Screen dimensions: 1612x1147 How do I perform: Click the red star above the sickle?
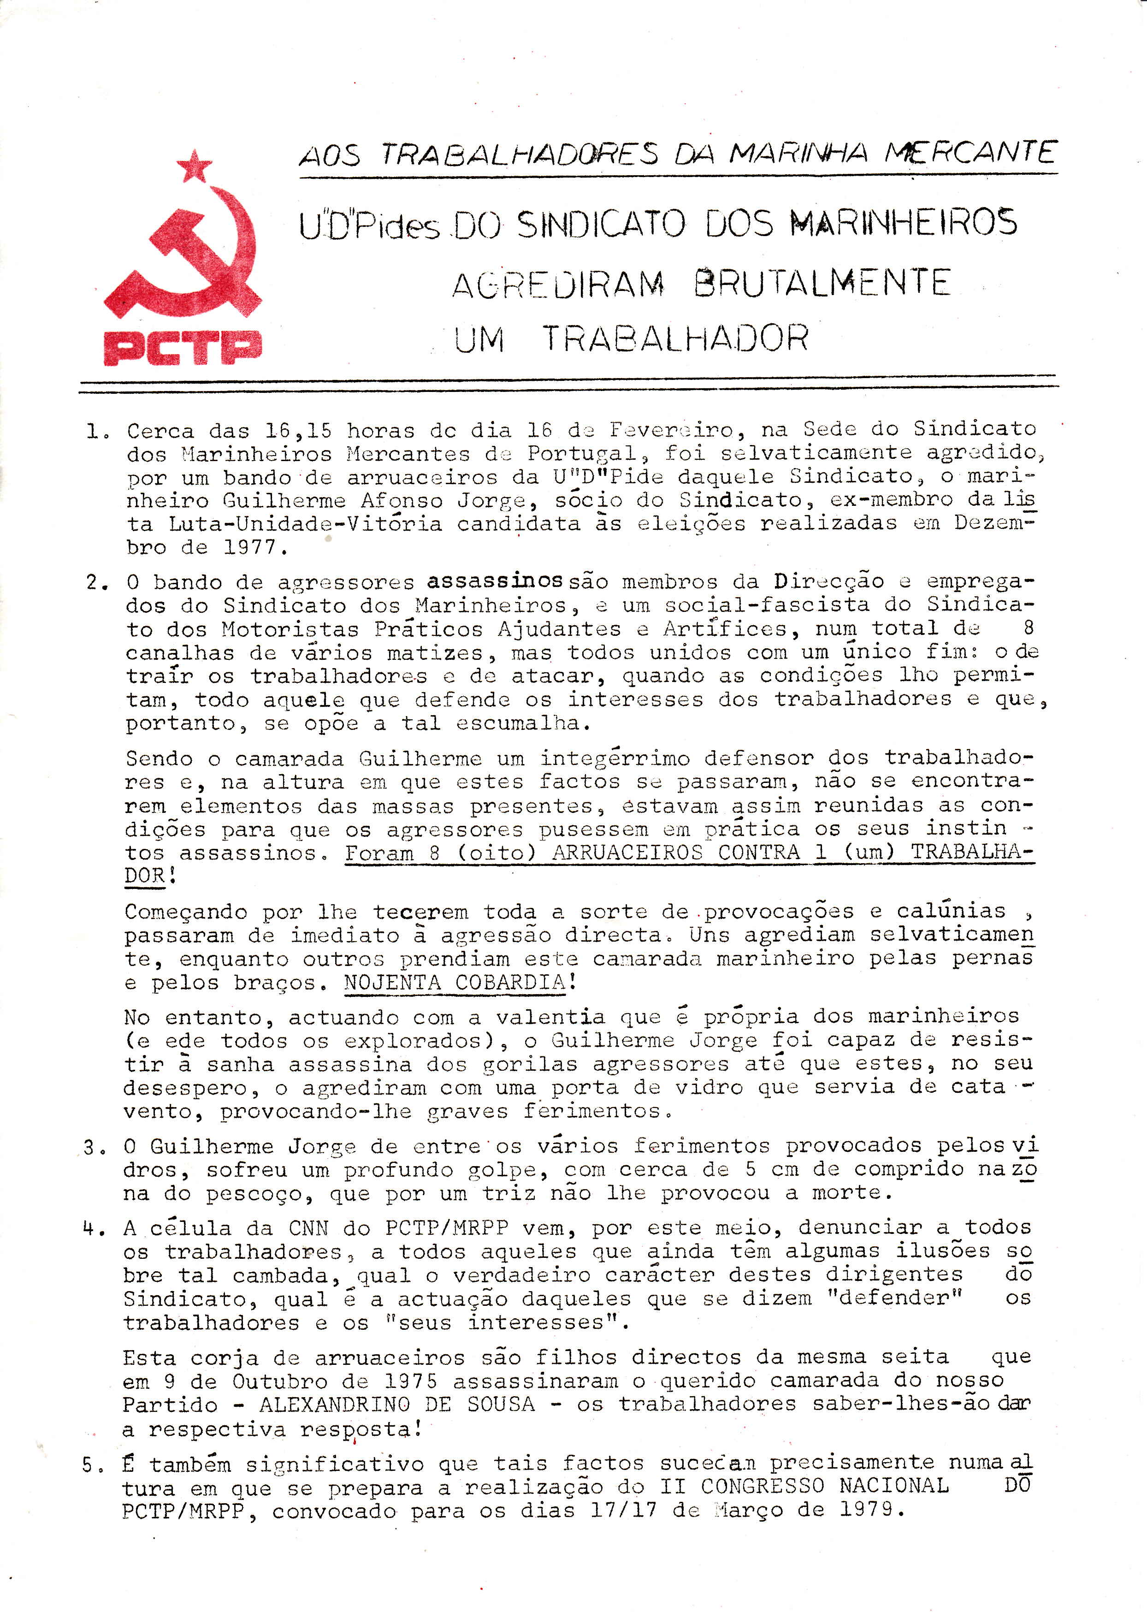coord(194,167)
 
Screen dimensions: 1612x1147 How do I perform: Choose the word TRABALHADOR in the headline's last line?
coord(675,338)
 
